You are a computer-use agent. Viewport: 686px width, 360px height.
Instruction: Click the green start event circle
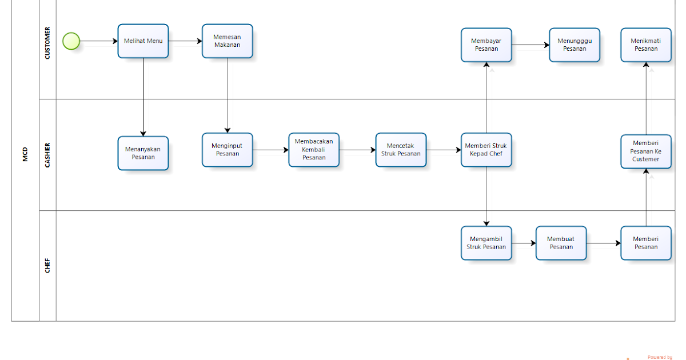[x=71, y=41]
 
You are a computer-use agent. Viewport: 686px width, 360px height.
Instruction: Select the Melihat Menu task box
[x=143, y=41]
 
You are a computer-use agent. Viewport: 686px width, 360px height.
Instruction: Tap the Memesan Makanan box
[x=227, y=41]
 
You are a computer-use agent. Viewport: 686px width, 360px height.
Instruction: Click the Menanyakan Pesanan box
[x=143, y=153]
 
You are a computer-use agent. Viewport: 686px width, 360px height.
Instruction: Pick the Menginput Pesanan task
[x=227, y=150]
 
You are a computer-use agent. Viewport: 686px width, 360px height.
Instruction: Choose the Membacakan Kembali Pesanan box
[x=314, y=150]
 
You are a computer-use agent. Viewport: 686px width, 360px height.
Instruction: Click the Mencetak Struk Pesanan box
[x=401, y=150]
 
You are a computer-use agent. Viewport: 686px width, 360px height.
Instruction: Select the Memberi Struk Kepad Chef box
[x=486, y=150]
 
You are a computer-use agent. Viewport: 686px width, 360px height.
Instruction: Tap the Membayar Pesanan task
[x=486, y=45]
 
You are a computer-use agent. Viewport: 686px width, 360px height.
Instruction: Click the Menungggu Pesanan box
[x=575, y=45]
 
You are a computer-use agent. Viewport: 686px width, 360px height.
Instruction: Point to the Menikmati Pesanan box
[x=646, y=45]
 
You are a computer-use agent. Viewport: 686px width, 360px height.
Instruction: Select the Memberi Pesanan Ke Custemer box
[x=646, y=151]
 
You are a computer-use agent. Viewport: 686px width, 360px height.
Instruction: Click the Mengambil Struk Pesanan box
[x=486, y=243]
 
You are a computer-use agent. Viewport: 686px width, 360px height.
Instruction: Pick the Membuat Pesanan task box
[x=561, y=243]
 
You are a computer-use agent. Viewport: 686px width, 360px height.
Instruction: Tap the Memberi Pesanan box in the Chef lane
[x=646, y=243]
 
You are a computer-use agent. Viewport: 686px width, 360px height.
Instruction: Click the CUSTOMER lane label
[x=47, y=43]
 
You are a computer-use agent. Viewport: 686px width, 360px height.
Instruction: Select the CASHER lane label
[x=47, y=154]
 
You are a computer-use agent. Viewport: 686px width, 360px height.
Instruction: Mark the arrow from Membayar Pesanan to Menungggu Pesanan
[x=530, y=45]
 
